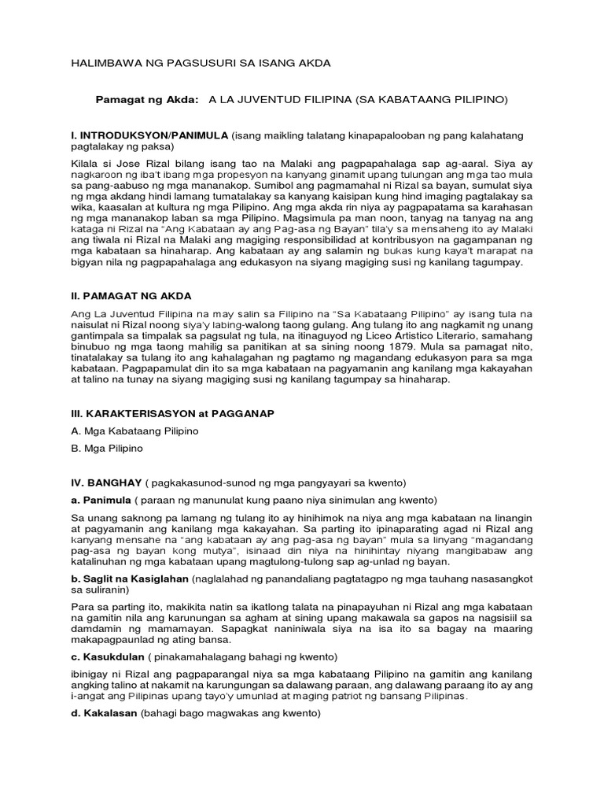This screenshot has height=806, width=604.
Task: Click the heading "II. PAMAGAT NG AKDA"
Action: click(131, 296)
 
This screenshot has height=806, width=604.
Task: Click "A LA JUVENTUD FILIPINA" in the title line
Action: click(279, 100)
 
